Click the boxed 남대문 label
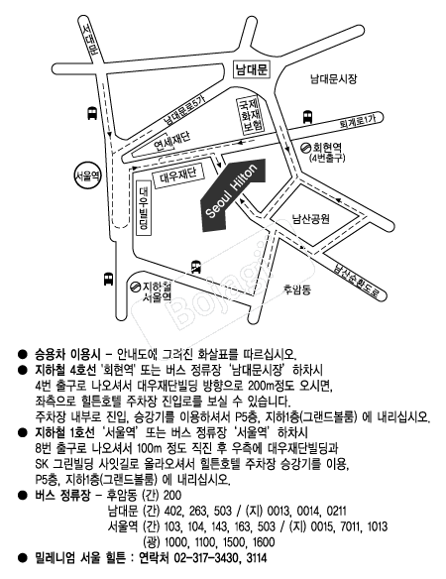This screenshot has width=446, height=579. [x=252, y=69]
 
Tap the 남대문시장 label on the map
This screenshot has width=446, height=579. [x=333, y=78]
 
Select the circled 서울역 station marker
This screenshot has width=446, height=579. [x=87, y=176]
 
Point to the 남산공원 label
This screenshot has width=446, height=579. [x=311, y=218]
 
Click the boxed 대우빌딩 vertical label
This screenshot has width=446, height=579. [x=144, y=208]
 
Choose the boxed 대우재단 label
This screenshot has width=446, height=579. [x=178, y=176]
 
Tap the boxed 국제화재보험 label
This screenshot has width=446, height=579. [x=251, y=114]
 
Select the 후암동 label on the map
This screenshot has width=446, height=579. [x=297, y=289]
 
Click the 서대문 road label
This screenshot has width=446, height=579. [x=89, y=39]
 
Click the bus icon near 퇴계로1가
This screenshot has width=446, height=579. [x=307, y=117]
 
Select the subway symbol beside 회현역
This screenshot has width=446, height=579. [x=305, y=148]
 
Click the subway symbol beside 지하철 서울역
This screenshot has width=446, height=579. [x=135, y=287]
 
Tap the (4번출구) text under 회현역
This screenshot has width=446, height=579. [x=327, y=158]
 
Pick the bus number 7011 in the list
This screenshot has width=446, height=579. [x=348, y=526]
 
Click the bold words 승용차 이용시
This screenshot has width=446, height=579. [x=67, y=355]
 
